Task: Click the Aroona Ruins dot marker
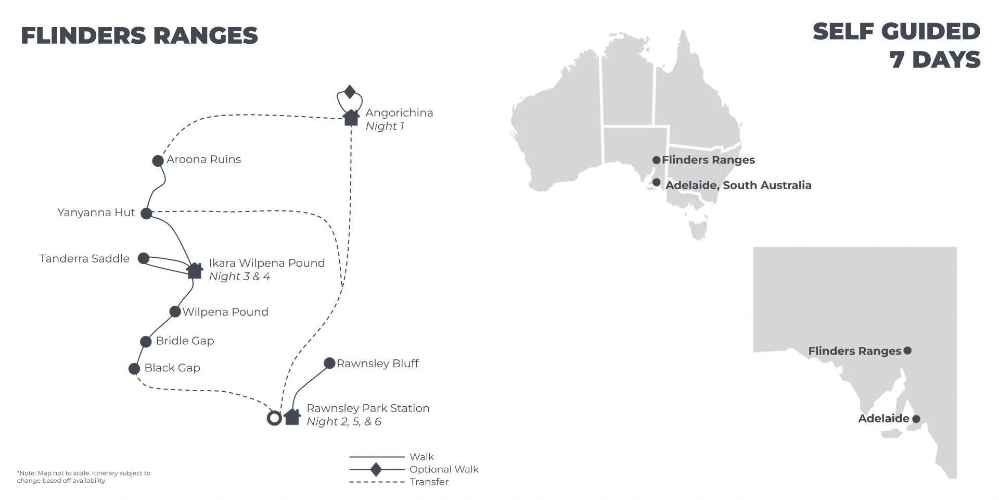[x=158, y=161]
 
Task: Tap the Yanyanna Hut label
[x=96, y=213]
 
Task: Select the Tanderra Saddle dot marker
[x=144, y=258]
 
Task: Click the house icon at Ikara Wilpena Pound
[x=195, y=271]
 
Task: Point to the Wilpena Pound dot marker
[x=175, y=312]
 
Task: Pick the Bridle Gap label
[x=185, y=341]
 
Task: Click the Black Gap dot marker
[x=134, y=369]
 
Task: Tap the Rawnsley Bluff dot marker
[x=329, y=363]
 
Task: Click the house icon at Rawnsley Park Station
[x=292, y=417]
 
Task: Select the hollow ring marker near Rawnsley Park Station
[x=274, y=418]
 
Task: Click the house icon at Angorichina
[x=351, y=117]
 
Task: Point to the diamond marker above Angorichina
[x=350, y=92]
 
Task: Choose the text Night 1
[x=385, y=126]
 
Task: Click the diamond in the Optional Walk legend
[x=376, y=469]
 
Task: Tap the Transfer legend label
[x=429, y=482]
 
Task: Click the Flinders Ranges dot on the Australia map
[x=657, y=160]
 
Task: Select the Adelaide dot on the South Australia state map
[x=916, y=419]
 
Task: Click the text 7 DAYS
[x=935, y=59]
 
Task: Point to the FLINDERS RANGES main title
[x=139, y=35]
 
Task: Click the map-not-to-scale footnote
[x=84, y=477]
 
